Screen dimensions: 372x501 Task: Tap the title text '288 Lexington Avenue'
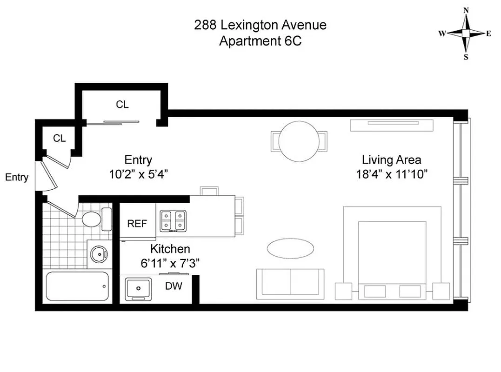coord(260,25)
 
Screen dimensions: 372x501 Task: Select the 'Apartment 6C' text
coord(260,41)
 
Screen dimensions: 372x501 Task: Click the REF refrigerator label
coord(137,224)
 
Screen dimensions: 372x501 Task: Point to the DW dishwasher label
coord(174,286)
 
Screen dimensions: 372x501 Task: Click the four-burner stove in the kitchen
coord(174,221)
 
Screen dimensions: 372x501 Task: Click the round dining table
coord(299,139)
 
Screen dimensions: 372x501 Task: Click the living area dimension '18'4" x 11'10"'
coord(392,174)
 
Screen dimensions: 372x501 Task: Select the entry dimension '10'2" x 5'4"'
coord(138,174)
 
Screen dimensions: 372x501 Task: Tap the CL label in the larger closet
coord(122,105)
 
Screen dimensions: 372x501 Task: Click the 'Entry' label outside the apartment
coord(17,177)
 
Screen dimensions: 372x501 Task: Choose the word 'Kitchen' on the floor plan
coord(170,249)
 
